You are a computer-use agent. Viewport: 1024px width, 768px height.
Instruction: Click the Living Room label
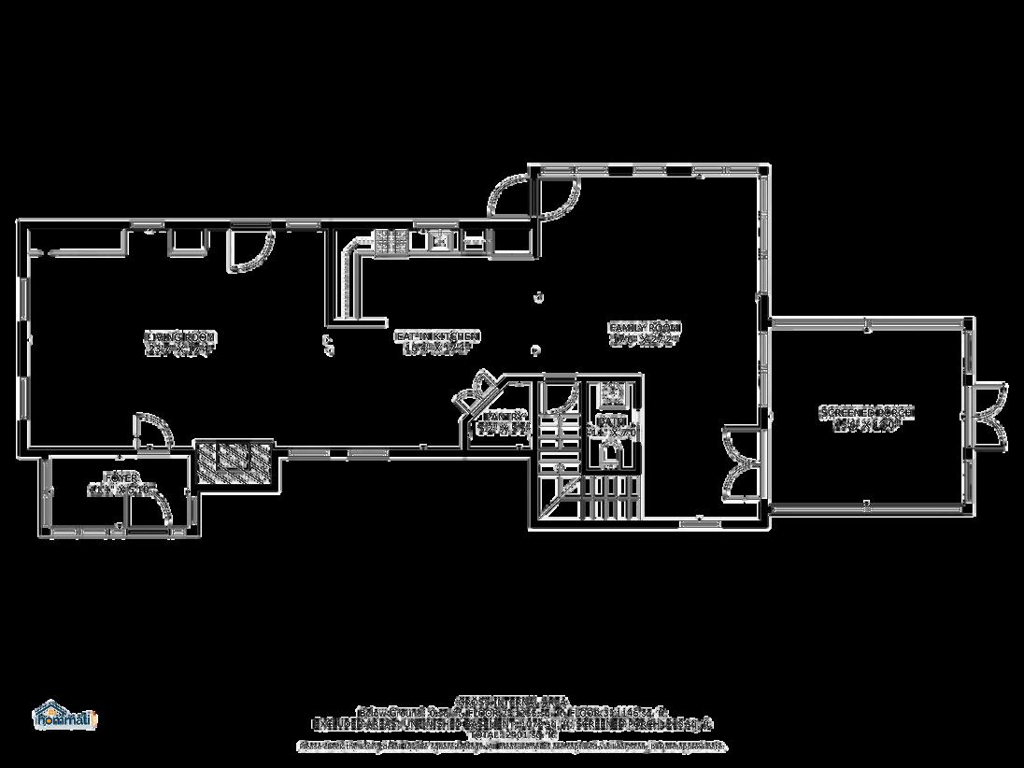tap(180, 343)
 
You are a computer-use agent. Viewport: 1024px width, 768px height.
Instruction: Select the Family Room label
tap(645, 334)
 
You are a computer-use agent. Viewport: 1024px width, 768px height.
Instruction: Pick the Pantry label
tap(504, 423)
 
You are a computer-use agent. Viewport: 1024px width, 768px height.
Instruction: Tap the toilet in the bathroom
tap(611, 454)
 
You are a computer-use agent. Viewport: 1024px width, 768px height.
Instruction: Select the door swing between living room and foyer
tap(152, 432)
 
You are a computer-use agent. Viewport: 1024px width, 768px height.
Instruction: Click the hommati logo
tap(64, 714)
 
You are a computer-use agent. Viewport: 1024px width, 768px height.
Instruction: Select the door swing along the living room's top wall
tap(249, 249)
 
